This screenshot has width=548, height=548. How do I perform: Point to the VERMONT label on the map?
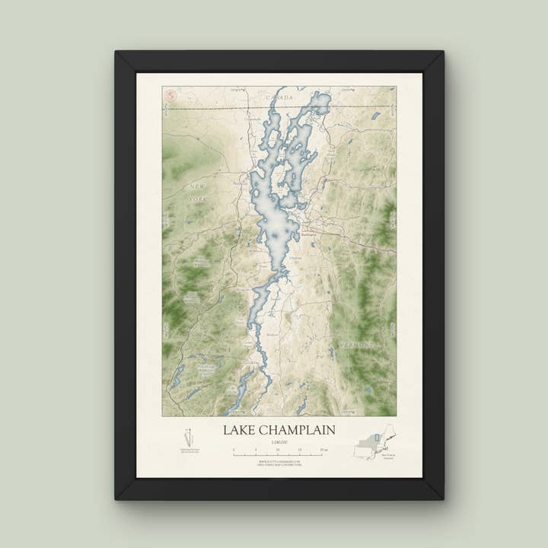(x=357, y=344)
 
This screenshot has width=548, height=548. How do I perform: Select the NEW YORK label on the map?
(x=197, y=193)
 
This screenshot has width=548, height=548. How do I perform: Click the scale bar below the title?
(x=279, y=454)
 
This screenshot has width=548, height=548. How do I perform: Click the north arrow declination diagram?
(x=189, y=438)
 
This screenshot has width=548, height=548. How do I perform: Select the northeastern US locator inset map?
(x=375, y=441)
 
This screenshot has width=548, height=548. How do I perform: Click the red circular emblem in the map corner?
(x=170, y=95)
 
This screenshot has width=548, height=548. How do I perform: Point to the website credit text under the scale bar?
(x=279, y=463)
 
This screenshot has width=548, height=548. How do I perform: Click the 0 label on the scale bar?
(x=234, y=450)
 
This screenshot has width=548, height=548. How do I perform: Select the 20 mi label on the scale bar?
(x=325, y=450)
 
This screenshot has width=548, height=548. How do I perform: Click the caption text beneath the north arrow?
(x=189, y=451)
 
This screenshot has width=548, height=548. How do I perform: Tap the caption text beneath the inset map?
(x=388, y=457)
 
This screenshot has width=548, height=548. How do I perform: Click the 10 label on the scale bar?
(x=279, y=450)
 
